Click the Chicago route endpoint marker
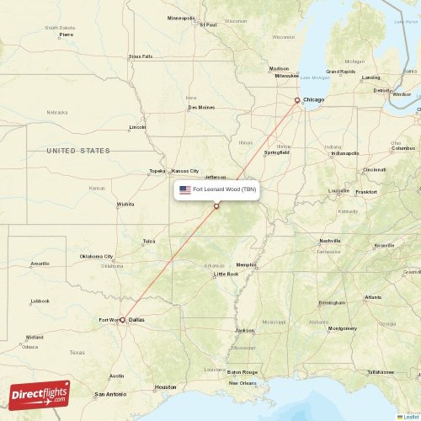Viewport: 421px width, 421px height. (296, 100)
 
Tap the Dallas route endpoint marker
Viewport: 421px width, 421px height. (122, 320)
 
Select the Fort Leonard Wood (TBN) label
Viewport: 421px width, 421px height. (224, 190)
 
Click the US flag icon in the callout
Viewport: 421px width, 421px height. (185, 190)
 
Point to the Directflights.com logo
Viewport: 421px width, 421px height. (41, 394)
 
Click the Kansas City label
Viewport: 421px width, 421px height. (185, 170)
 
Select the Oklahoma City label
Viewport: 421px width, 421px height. (96, 256)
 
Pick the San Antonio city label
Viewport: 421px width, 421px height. (110, 394)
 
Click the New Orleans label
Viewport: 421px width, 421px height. (242, 383)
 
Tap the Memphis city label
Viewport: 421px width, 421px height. (246, 265)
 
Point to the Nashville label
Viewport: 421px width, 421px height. (329, 241)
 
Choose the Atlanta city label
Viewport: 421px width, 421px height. (373, 297)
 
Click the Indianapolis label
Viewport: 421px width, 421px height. (344, 153)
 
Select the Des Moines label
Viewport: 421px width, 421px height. (201, 107)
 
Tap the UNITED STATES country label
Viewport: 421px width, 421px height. (78, 151)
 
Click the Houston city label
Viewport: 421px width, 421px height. (166, 386)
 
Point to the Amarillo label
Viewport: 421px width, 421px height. (40, 264)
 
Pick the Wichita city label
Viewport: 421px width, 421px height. (125, 204)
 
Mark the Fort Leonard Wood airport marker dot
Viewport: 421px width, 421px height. (216, 206)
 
